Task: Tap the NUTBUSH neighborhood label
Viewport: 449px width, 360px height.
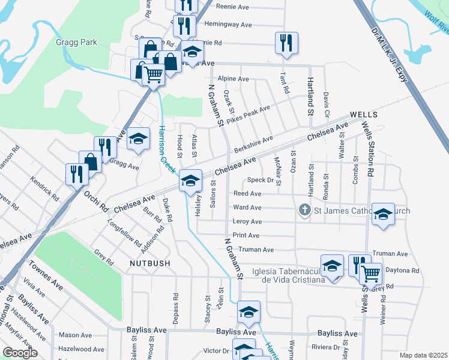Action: tap(149, 263)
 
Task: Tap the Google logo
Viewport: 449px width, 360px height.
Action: tap(19, 353)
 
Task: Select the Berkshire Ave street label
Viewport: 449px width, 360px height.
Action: tap(253, 143)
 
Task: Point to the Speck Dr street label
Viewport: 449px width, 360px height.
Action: tap(260, 180)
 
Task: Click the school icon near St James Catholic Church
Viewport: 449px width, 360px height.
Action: tap(382, 214)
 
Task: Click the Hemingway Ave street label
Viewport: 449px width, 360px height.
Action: tap(228, 25)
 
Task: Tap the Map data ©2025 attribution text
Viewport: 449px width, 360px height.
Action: tap(424, 355)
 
